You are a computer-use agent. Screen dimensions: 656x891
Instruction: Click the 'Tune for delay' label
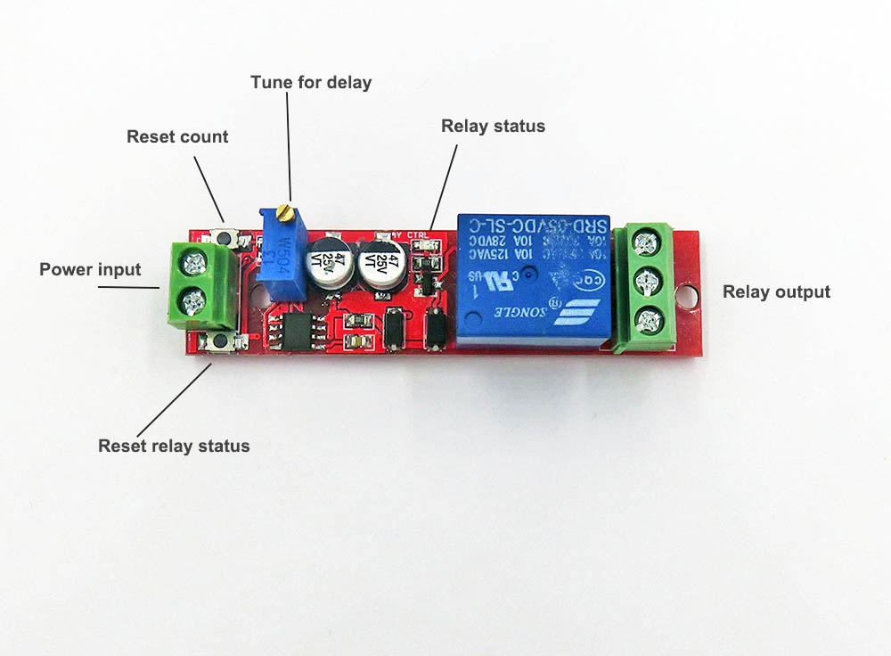[x=311, y=82]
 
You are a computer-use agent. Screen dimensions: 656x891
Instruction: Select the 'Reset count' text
[x=177, y=136]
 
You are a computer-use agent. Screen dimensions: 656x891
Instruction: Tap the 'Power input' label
[x=90, y=269]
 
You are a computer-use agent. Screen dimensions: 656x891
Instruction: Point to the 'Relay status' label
[x=493, y=126]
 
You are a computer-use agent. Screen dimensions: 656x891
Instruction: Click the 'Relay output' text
[x=776, y=291]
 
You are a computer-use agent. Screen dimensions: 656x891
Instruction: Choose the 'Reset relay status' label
[x=174, y=445]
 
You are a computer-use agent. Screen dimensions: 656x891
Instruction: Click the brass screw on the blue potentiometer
[x=285, y=211]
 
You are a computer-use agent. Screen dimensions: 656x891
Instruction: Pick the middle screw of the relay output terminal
[x=650, y=280]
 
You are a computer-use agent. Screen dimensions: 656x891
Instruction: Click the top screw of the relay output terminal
[x=649, y=240]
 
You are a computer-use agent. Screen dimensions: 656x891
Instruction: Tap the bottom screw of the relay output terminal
[x=650, y=318]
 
